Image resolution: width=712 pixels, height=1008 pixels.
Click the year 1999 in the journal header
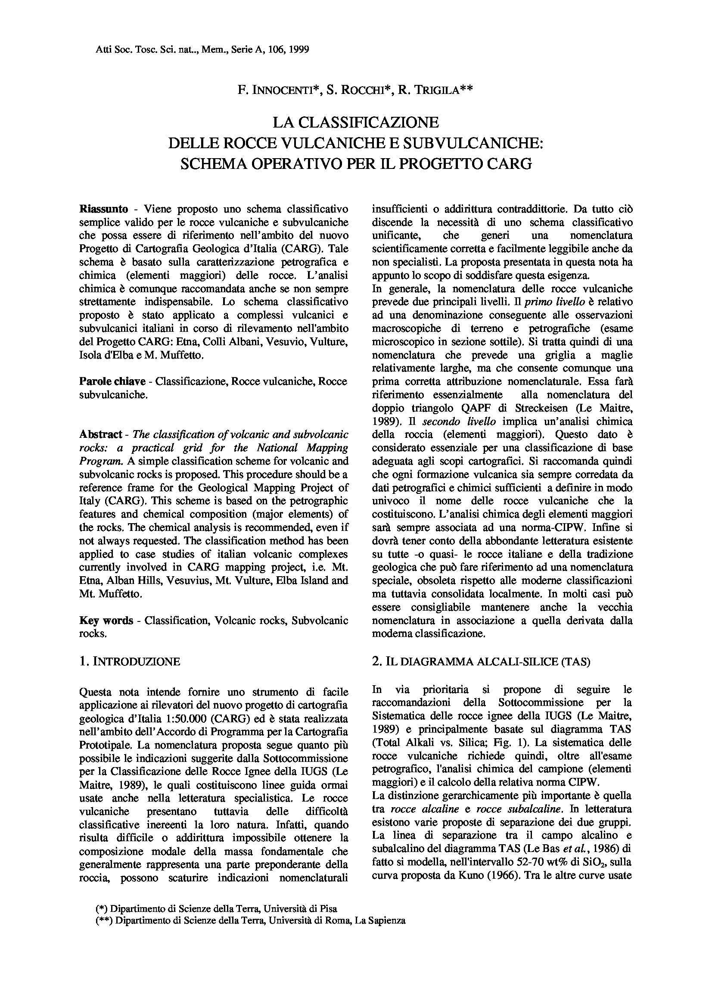pos(299,50)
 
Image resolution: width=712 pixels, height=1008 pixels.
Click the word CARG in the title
pos(508,163)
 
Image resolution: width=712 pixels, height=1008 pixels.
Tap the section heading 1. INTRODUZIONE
pos(129,662)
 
